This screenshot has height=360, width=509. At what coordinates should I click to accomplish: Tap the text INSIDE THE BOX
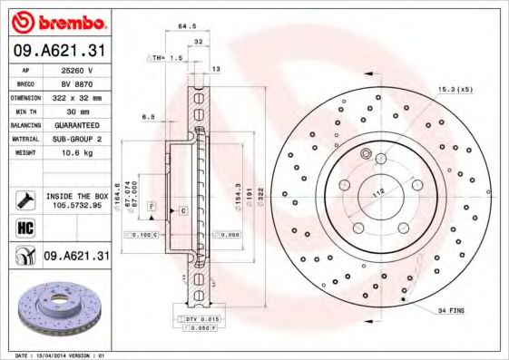pyautogui.click(x=76, y=195)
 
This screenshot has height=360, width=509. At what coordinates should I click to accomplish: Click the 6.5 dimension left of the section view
pyautogui.click(x=148, y=117)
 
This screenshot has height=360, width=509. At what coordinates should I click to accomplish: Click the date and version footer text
pyautogui.click(x=60, y=355)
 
